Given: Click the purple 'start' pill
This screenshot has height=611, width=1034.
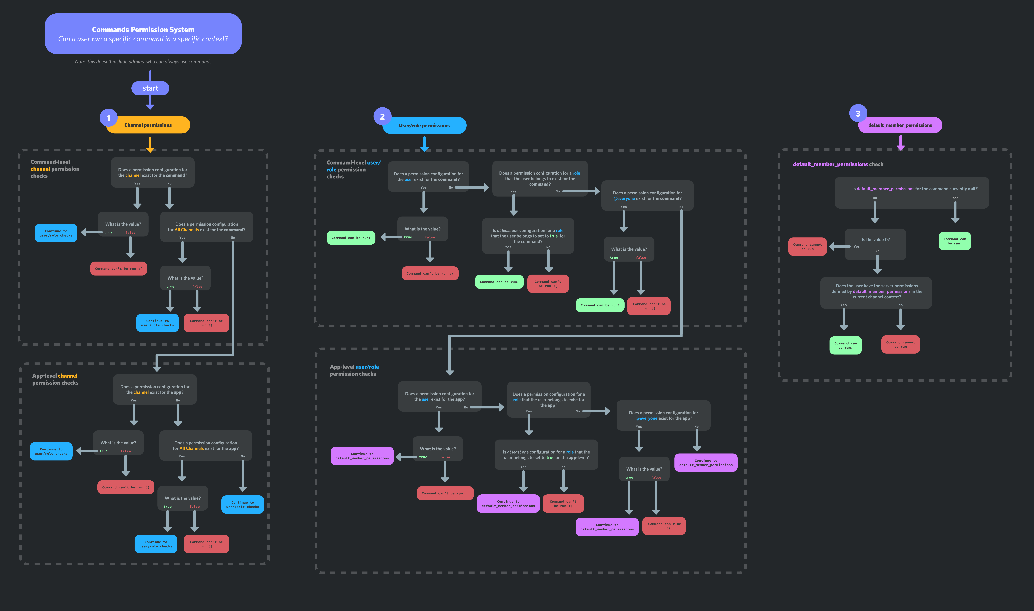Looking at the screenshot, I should pos(150,88).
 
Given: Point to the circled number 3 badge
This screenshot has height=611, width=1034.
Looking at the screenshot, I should pos(858,114).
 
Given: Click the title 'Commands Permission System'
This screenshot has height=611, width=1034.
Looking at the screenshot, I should pos(143,30).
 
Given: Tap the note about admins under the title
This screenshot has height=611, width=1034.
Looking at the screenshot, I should pos(143,62).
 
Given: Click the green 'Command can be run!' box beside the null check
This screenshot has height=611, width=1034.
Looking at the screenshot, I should pos(954,241).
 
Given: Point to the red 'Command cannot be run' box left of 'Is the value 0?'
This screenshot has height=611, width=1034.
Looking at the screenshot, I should pos(807,247).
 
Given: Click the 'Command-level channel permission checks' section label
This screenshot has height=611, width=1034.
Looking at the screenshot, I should pos(55,169).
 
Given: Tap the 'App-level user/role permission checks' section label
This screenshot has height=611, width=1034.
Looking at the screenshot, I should pos(354,370).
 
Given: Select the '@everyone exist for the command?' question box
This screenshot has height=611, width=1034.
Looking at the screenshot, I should pos(647,196).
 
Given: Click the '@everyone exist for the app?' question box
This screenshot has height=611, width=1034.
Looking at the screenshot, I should pos(663,415).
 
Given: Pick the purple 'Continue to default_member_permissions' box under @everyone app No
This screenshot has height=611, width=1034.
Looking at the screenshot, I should pos(706,463).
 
